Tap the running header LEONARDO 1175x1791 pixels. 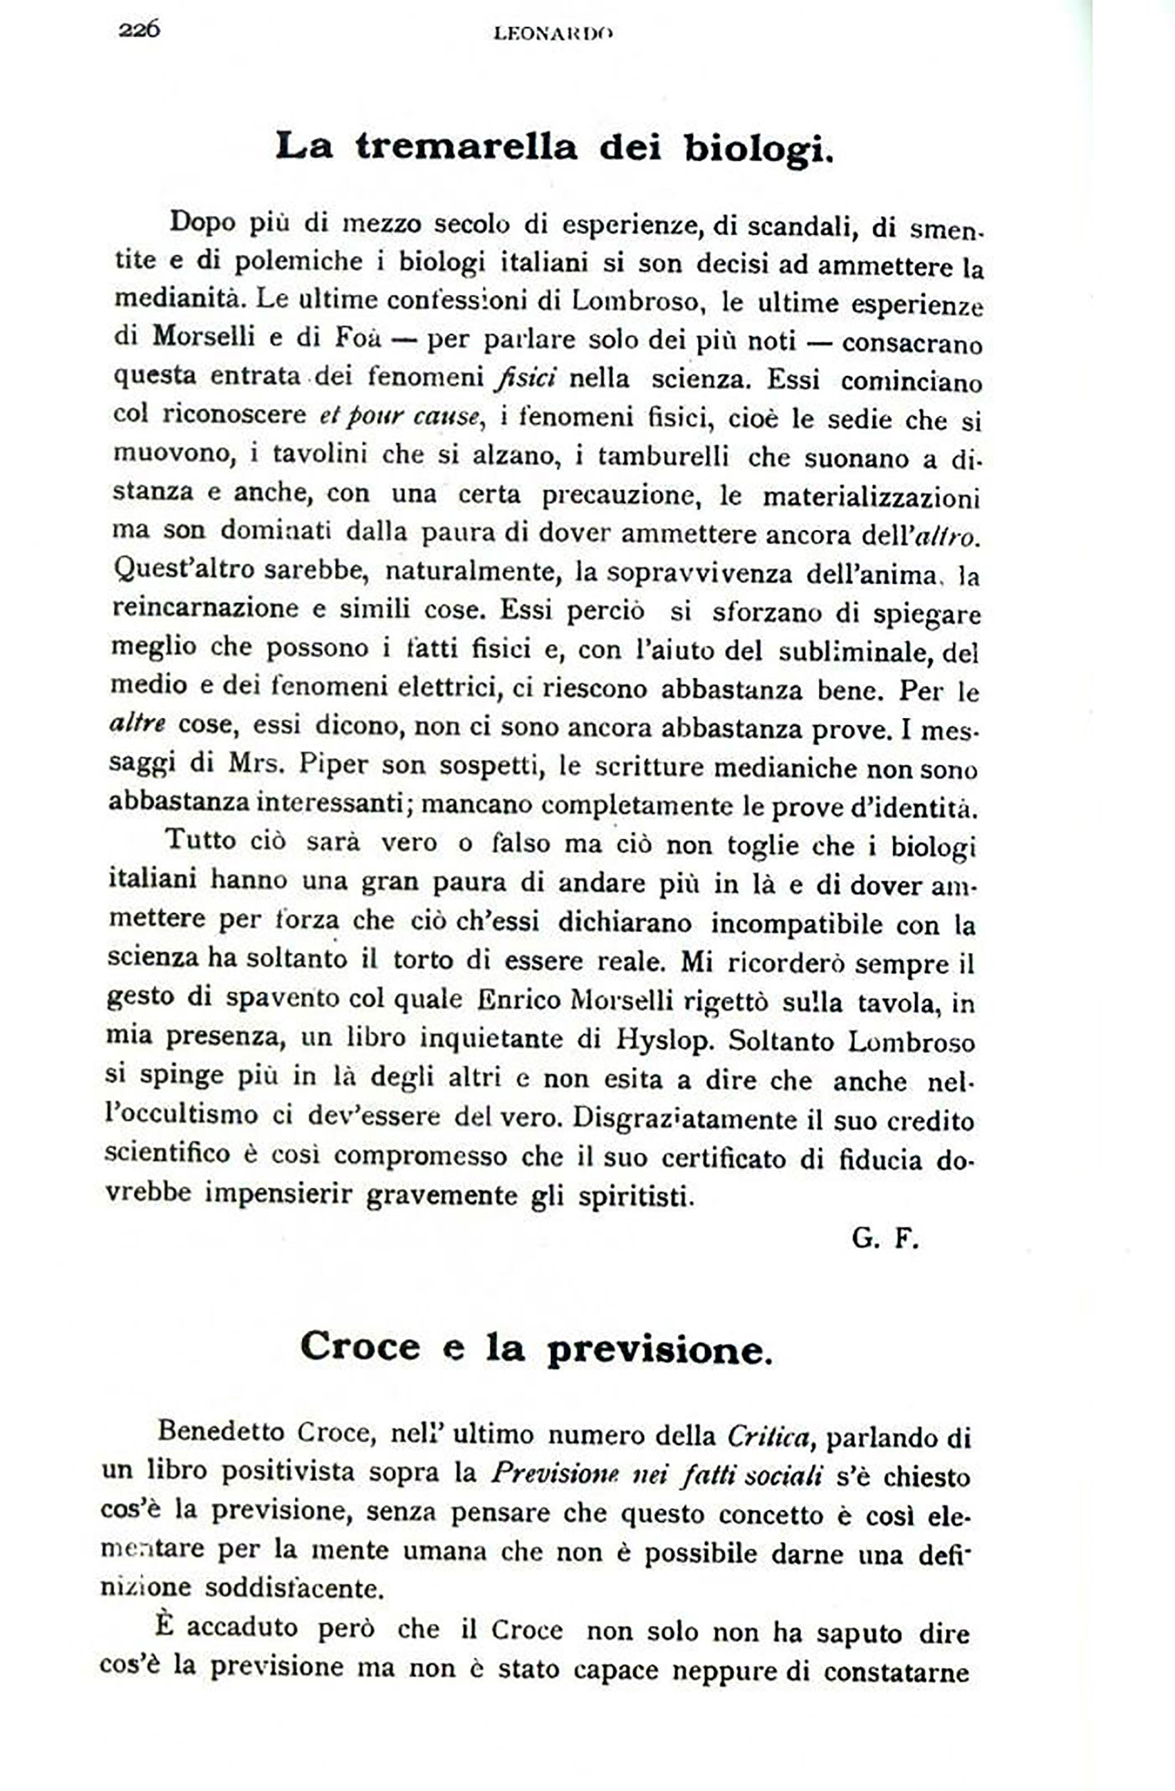coord(553,33)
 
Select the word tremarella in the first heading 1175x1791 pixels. coord(467,146)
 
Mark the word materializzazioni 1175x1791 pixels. coord(871,498)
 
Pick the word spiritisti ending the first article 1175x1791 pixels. coord(633,1196)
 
